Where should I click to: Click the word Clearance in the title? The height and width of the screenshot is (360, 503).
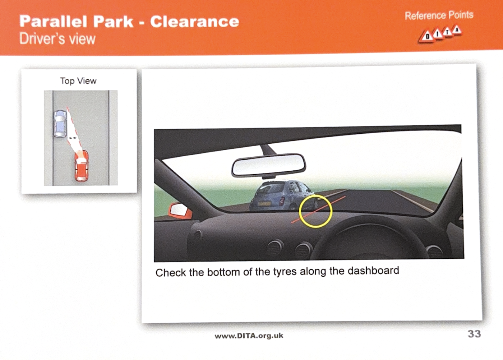pyautogui.click(x=194, y=22)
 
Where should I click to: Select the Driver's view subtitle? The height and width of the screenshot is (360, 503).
pyautogui.click(x=57, y=39)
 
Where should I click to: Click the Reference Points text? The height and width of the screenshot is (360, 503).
pyautogui.click(x=439, y=15)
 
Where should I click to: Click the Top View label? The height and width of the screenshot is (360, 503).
pyautogui.click(x=78, y=81)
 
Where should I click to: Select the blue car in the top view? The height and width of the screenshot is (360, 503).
pyautogui.click(x=60, y=124)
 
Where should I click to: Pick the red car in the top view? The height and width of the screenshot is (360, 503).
pyautogui.click(x=82, y=166)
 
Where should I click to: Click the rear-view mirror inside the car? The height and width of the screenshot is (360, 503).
pyautogui.click(x=268, y=165)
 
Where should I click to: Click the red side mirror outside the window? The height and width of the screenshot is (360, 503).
pyautogui.click(x=180, y=211)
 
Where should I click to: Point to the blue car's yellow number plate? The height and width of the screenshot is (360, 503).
pyautogui.click(x=264, y=204)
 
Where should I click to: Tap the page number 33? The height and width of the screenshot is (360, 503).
pyautogui.click(x=474, y=334)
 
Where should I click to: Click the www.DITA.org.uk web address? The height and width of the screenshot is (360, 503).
pyautogui.click(x=249, y=336)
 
